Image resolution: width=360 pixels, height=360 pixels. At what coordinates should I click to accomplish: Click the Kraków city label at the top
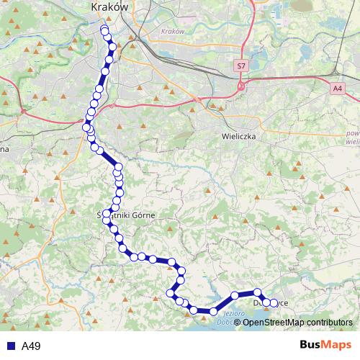(x=109, y=6)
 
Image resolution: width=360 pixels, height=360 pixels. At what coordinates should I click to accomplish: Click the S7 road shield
(x=240, y=66)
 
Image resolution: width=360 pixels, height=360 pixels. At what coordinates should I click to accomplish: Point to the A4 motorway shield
(x=338, y=88)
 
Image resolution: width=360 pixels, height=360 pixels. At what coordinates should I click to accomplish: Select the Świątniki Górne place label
(x=125, y=215)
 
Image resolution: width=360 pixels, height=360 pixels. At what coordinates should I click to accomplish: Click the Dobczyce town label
(x=271, y=303)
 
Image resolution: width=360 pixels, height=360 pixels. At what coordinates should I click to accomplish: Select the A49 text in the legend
(x=31, y=346)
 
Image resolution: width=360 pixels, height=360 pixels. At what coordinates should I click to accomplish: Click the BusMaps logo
(x=326, y=345)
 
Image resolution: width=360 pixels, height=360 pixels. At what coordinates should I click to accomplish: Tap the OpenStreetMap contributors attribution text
(x=298, y=322)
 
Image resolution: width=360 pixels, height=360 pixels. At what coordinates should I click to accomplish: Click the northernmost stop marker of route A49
(x=104, y=30)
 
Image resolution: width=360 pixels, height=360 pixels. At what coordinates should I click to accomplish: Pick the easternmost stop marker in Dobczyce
(x=274, y=303)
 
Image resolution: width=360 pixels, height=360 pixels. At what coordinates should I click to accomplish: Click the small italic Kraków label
(x=174, y=32)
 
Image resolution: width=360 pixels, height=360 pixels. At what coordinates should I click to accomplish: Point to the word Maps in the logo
(x=337, y=345)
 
